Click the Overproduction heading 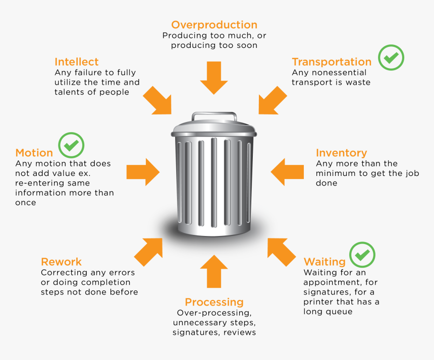point(214,25)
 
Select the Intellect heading point(77,62)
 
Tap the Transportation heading point(332,62)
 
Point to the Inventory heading point(341,153)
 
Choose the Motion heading point(34,153)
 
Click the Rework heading point(61,262)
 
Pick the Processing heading point(214,302)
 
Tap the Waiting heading point(324,262)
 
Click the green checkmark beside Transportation point(392,57)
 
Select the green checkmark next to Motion point(71,145)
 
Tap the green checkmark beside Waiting point(362,255)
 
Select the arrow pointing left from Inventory point(287,171)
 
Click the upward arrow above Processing point(214,271)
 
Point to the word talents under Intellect point(70,92)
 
